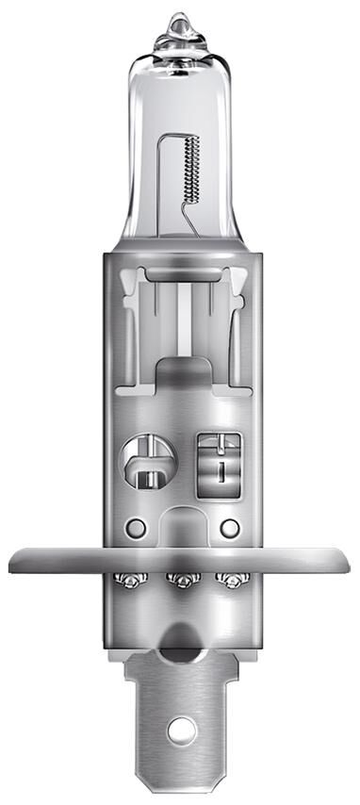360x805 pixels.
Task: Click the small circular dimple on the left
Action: (136, 525)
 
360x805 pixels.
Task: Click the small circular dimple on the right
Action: (229, 525)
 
